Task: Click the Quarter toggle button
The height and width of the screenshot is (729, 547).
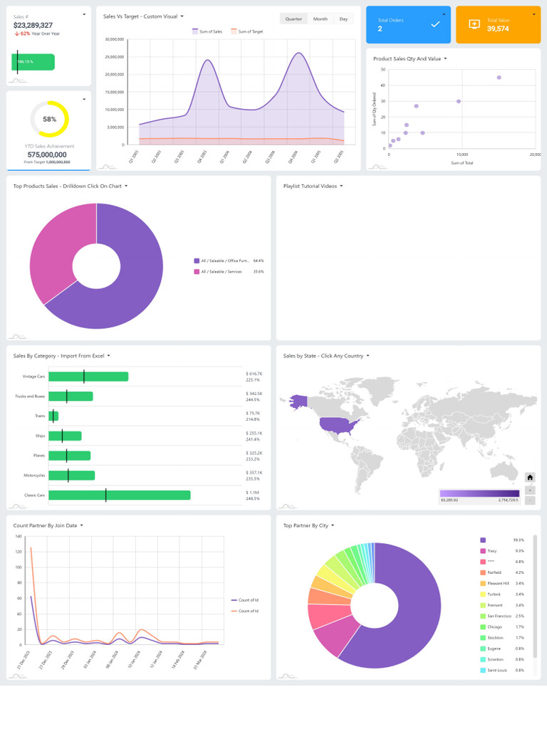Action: (293, 19)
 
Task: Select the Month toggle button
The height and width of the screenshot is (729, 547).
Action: (321, 19)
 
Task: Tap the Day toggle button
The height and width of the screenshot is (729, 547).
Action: (343, 19)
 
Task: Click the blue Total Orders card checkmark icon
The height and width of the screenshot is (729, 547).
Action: (435, 24)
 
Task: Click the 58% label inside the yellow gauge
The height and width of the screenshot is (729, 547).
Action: (49, 119)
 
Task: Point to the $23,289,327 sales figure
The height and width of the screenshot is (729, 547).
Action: (33, 25)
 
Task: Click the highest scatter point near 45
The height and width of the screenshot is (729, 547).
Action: (499, 77)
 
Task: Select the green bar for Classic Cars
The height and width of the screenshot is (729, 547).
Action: (119, 495)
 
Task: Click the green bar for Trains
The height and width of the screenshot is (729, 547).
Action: (53, 416)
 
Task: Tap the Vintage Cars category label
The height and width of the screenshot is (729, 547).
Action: (33, 376)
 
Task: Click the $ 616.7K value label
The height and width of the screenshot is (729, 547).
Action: (254, 373)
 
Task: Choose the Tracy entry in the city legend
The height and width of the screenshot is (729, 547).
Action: (492, 551)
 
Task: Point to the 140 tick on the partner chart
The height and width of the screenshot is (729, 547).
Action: (19, 536)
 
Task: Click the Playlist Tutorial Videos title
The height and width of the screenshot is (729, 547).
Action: (310, 186)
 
